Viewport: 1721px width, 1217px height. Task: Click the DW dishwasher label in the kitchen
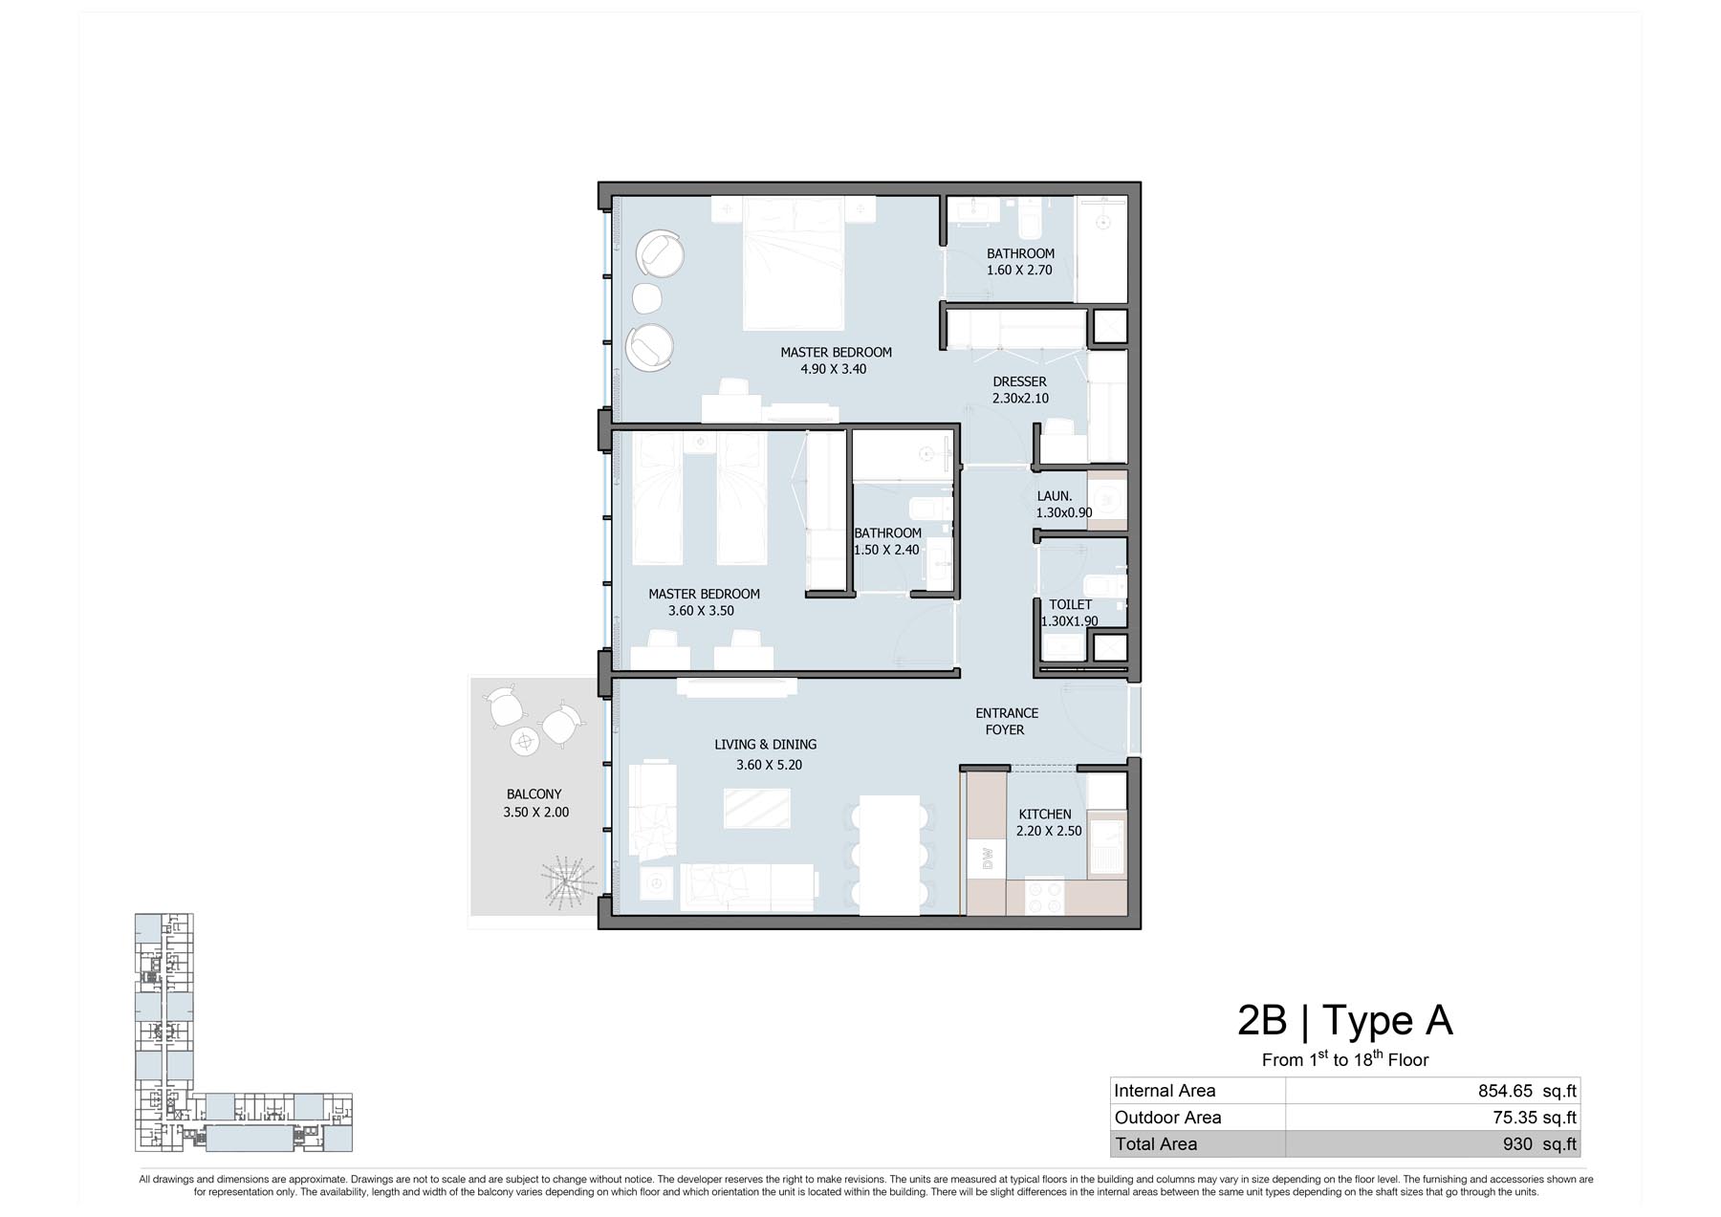988,858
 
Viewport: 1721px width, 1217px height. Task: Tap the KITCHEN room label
1045,815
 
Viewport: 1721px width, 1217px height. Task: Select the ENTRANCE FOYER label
1006,722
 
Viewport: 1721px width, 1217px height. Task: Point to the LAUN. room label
1055,496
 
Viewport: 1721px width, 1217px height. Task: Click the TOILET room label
1070,604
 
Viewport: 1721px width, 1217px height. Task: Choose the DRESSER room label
1019,381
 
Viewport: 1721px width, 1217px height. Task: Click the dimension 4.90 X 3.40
834,369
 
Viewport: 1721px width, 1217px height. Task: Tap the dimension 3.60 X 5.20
770,765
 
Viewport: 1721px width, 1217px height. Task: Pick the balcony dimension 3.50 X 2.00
535,813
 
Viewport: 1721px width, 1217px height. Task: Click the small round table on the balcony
525,741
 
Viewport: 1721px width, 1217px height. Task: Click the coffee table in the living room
757,808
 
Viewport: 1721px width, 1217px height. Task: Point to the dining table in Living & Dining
889,856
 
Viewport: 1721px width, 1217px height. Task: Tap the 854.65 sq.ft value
1527,1091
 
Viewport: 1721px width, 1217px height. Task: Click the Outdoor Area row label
1167,1118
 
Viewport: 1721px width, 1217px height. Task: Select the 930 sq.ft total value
1539,1144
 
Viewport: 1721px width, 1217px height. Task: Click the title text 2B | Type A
1345,1020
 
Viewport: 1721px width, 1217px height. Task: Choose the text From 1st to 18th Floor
1345,1058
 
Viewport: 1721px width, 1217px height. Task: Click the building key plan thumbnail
244,1032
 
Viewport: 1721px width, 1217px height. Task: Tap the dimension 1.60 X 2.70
1019,271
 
